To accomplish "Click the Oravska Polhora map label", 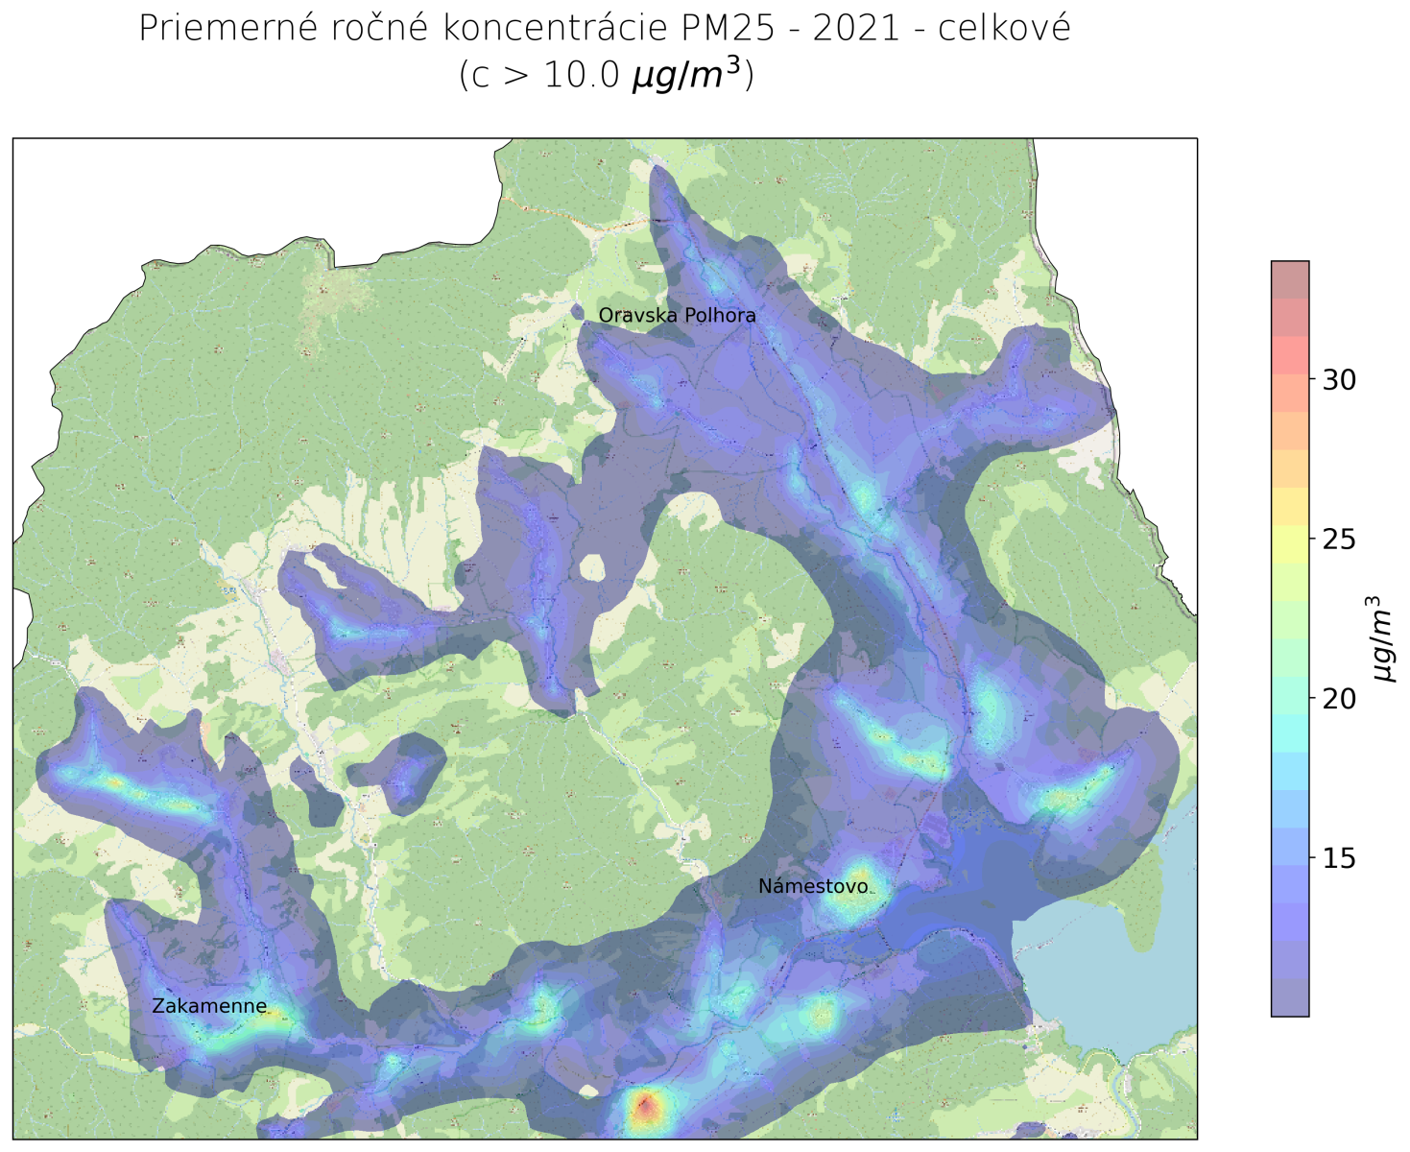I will (677, 315).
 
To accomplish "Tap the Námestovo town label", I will (812, 886).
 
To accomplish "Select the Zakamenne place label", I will (209, 1006).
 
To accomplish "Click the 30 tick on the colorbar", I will (1339, 380).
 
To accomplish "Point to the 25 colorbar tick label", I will (1339, 540).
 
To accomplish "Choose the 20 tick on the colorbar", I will (1339, 699).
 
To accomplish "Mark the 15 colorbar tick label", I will (1339, 858).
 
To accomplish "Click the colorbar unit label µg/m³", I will (1380, 638).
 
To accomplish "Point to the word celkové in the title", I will (1004, 28).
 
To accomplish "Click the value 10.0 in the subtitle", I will (582, 75).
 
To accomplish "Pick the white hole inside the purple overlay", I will (593, 568).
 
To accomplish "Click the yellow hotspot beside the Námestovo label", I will (857, 889).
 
